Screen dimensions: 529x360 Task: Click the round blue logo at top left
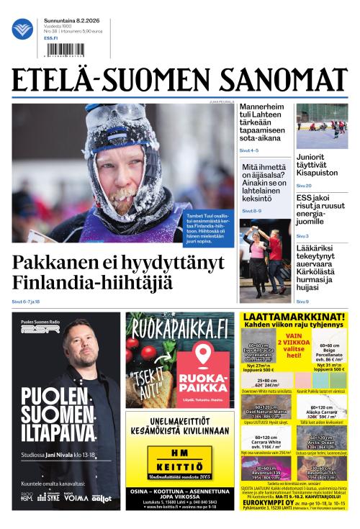point(22,30)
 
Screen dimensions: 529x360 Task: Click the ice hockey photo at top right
point(321,126)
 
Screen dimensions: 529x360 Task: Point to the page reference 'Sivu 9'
point(302,301)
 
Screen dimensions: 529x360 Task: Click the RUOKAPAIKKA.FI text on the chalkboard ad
point(177,330)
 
